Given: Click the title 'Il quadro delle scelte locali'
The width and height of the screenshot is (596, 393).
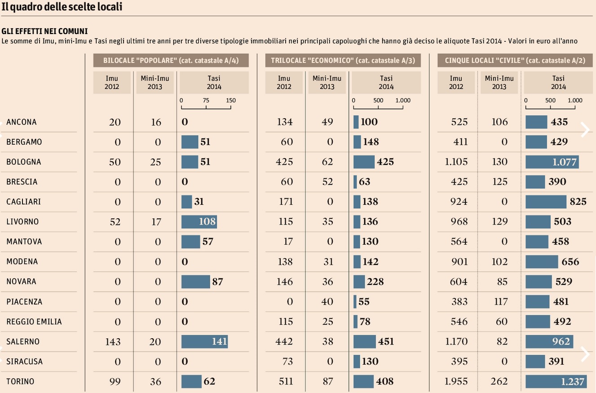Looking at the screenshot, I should click(62, 7).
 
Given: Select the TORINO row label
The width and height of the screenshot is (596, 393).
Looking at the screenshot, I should click(20, 381).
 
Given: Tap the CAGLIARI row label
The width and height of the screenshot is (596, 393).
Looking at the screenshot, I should click(23, 202).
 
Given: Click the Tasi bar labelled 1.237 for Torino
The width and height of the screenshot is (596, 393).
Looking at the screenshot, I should click(556, 381).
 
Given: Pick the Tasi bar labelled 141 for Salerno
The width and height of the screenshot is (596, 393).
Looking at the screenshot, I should click(204, 341).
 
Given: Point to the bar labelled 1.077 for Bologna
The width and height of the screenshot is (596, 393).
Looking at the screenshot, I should click(552, 162).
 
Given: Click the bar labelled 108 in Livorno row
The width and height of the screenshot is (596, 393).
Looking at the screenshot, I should click(199, 221).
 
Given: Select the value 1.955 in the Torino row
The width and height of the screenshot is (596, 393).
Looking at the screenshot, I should click(456, 381).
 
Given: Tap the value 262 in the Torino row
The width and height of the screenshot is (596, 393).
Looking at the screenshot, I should click(499, 381).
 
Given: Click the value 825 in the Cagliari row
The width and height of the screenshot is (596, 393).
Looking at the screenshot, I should click(578, 202).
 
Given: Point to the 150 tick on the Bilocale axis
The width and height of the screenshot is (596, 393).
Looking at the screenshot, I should click(231, 101).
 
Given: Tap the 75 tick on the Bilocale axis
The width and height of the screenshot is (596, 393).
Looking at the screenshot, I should click(206, 101).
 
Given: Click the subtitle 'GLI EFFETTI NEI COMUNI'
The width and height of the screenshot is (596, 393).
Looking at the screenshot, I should click(44, 31).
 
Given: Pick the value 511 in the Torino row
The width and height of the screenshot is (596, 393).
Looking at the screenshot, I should click(284, 381).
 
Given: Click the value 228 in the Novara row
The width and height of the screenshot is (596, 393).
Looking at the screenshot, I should click(375, 282).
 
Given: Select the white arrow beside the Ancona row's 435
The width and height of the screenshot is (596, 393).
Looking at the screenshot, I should click(585, 129).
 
